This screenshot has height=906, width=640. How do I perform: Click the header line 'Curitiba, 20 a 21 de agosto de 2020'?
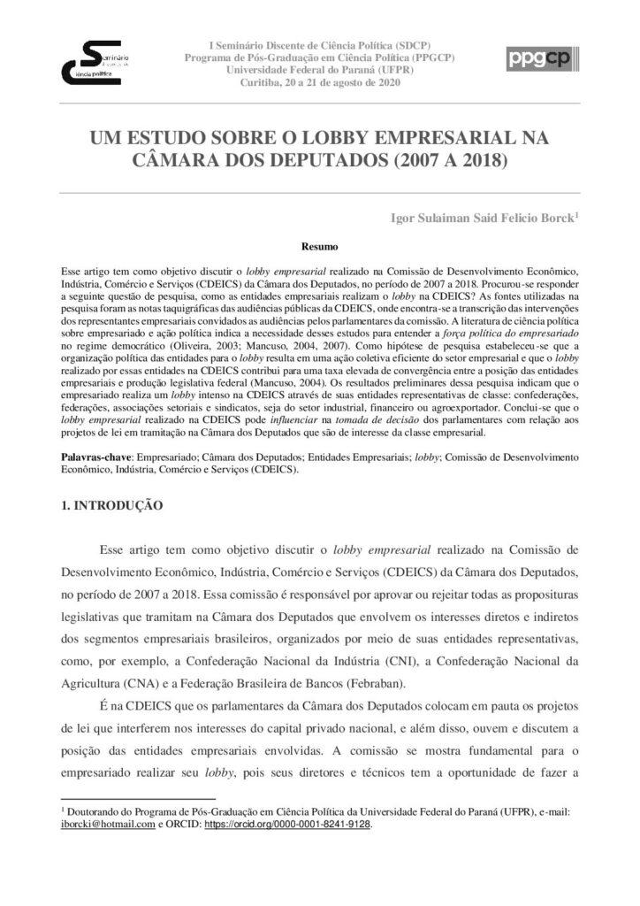pyautogui.click(x=320, y=82)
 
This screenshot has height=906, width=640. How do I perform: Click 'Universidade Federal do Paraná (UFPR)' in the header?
pyautogui.click(x=320, y=70)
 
